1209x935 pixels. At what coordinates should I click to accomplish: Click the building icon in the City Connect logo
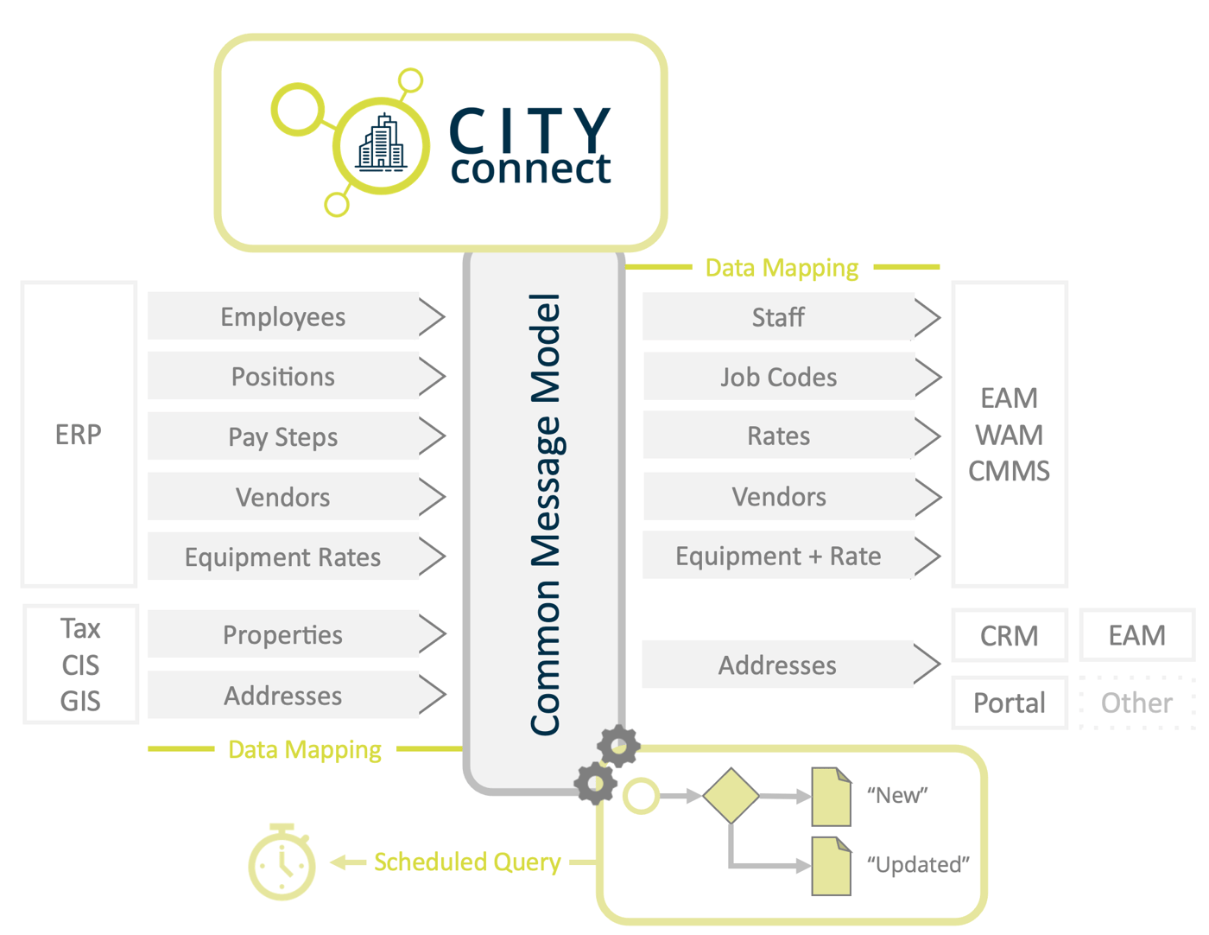381,143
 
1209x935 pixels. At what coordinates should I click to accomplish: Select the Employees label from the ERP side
282,317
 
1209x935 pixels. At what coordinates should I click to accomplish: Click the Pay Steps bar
282,437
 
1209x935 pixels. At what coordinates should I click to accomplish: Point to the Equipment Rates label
282,557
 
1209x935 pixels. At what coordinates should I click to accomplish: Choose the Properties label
282,635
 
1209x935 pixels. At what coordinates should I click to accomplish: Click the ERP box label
79,434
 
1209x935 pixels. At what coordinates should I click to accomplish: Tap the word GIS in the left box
80,701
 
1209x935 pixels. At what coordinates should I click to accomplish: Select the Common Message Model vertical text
545,515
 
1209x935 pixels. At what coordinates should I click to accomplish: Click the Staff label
777,317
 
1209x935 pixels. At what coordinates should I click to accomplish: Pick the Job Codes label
778,378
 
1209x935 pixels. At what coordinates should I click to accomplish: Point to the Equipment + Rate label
778,557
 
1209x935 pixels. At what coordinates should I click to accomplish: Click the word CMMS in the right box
1009,471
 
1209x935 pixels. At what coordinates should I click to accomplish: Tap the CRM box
1009,636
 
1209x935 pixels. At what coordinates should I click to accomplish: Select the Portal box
1009,703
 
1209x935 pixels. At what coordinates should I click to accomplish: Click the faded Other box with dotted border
1136,703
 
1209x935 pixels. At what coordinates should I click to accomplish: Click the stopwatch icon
282,864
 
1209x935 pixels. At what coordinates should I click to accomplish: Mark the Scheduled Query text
466,862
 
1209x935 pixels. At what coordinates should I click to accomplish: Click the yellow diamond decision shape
731,795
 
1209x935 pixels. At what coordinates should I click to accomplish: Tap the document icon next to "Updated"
831,866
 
